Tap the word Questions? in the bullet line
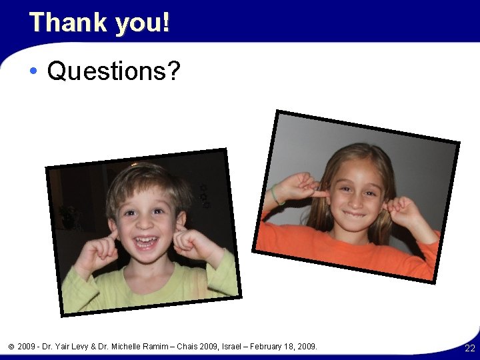click(113, 71)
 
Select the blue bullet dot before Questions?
click(33, 71)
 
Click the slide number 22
click(470, 349)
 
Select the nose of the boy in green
click(143, 224)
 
